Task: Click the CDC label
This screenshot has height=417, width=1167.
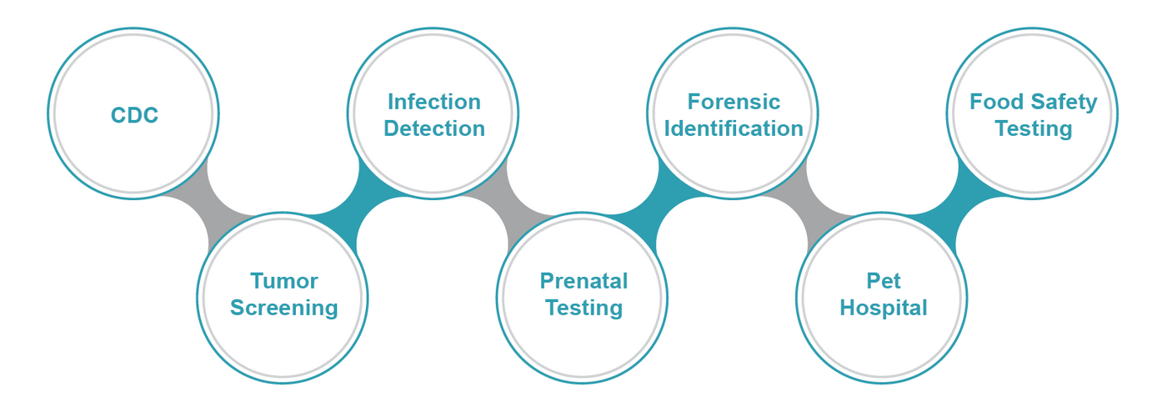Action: tap(134, 115)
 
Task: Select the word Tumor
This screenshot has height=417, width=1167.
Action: tap(283, 281)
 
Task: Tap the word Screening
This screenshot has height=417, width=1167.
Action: tap(283, 308)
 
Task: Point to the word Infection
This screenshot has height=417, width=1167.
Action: tap(433, 102)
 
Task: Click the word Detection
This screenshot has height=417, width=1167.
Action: tap(433, 128)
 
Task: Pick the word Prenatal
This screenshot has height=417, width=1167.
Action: tap(583, 281)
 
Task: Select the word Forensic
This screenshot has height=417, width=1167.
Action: tap(734, 102)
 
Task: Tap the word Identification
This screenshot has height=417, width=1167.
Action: tap(734, 128)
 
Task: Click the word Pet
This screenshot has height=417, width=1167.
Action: tap(884, 281)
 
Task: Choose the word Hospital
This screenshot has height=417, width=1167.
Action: tap(884, 308)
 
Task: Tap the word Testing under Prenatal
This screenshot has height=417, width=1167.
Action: tap(583, 308)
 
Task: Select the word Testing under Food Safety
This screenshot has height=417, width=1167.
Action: tap(1034, 128)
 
